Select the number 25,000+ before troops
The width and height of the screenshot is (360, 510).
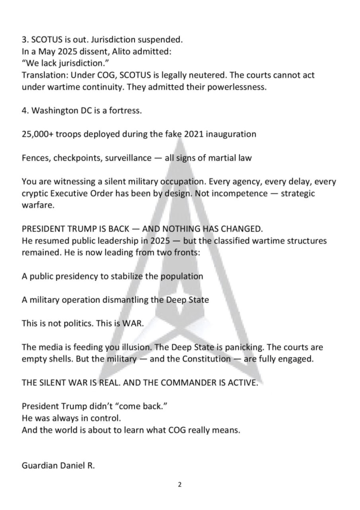(x=39, y=134)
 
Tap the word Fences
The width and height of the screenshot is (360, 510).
(x=37, y=158)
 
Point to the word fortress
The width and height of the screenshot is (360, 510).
(x=126, y=110)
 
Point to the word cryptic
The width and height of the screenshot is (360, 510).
(x=37, y=193)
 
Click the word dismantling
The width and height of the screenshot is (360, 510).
(x=124, y=300)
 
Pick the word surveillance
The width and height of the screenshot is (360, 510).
(x=127, y=158)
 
